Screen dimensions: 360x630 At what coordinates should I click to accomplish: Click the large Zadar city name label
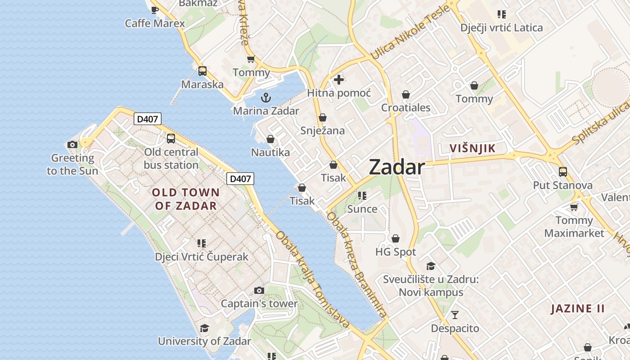pyautogui.click(x=396, y=167)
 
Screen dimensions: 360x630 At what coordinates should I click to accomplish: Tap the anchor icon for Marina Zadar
pyautogui.click(x=266, y=97)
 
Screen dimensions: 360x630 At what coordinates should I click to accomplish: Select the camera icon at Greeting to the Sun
pyautogui.click(x=72, y=144)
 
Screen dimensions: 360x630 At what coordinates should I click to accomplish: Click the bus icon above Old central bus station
pyautogui.click(x=171, y=139)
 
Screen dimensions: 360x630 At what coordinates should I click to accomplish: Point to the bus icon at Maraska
pyautogui.click(x=202, y=71)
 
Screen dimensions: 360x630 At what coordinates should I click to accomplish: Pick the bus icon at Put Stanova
pyautogui.click(x=562, y=171)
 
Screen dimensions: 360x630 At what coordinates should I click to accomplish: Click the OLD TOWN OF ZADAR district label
pyautogui.click(x=186, y=199)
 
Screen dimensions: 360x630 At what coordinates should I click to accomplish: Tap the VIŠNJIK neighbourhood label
pyautogui.click(x=472, y=148)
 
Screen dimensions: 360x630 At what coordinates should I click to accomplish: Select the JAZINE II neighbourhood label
pyautogui.click(x=578, y=309)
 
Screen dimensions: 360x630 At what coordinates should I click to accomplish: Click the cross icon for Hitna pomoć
pyautogui.click(x=339, y=80)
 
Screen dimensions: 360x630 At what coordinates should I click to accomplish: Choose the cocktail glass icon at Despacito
pyautogui.click(x=455, y=315)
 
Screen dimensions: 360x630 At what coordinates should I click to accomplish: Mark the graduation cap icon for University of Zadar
pyautogui.click(x=204, y=328)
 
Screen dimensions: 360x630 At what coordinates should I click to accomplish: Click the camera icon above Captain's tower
pyautogui.click(x=259, y=290)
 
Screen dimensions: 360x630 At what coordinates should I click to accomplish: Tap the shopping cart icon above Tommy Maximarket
pyautogui.click(x=574, y=207)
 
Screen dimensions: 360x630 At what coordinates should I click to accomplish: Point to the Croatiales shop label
pyautogui.click(x=405, y=108)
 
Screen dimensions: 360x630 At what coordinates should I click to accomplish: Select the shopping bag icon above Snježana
pyautogui.click(x=322, y=117)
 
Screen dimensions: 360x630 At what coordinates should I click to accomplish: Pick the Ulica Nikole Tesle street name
pyautogui.click(x=409, y=32)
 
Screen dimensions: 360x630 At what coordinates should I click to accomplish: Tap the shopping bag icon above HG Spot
pyautogui.click(x=396, y=238)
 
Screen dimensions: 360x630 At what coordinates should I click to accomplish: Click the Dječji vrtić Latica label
pyautogui.click(x=501, y=28)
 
